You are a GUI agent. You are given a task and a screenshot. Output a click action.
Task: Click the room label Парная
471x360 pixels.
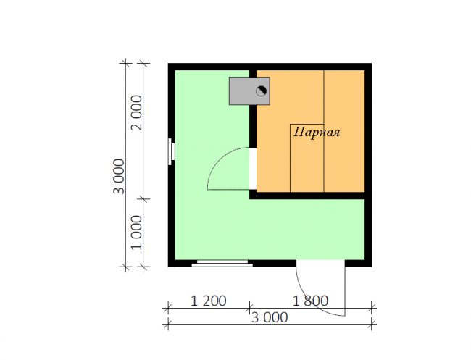click(317, 132)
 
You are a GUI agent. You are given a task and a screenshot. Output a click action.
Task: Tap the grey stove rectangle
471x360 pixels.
click(249, 91)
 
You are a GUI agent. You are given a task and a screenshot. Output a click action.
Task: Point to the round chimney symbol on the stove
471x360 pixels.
click(261, 91)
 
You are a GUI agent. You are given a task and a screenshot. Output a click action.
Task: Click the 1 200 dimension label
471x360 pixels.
click(209, 301)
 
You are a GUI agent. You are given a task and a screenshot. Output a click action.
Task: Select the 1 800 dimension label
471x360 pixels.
click(310, 301)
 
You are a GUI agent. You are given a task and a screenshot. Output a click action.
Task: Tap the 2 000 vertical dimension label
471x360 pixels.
click(137, 112)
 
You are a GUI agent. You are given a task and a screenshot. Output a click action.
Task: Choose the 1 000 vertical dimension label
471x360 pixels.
click(137, 233)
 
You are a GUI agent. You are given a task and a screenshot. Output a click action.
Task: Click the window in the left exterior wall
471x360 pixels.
click(171, 151)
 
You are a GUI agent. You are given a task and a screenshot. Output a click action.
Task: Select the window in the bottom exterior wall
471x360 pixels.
click(222, 264)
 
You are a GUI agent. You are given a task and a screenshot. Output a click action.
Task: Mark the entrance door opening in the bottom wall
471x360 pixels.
click(320, 264)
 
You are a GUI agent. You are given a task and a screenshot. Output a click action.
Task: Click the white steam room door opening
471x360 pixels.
click(253, 169)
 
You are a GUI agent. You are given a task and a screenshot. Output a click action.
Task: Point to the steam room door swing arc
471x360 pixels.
click(220, 160)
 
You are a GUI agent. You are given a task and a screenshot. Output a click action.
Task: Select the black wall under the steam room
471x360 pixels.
click(307, 196)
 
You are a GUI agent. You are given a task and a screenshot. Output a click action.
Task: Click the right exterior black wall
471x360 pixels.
click(368, 165)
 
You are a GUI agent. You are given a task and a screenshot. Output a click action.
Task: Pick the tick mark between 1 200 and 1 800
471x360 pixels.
click(249, 308)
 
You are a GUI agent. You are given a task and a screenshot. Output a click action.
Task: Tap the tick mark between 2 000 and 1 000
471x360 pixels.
click(143, 198)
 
